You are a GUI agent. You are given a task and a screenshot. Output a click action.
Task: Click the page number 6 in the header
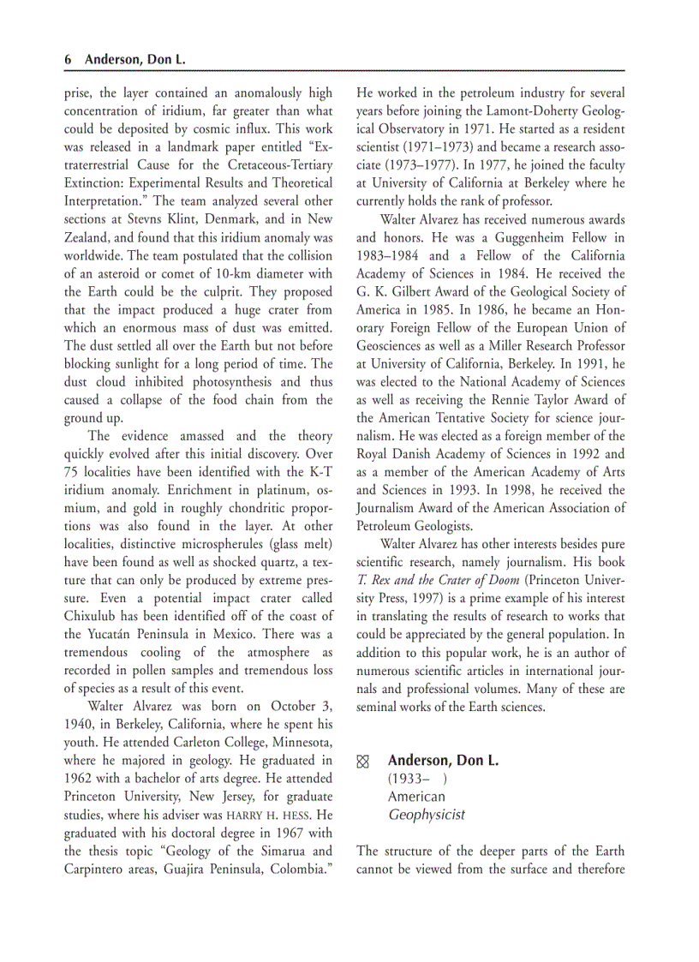pyautogui.click(x=68, y=60)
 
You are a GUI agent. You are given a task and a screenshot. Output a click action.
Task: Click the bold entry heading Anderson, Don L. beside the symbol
pyautogui.click(x=443, y=761)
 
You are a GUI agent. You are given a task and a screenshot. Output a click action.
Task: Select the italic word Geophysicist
pyautogui.click(x=427, y=815)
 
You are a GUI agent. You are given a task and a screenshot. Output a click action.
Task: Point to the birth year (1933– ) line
pyautogui.click(x=416, y=779)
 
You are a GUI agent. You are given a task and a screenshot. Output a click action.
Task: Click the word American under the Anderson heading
pyautogui.click(x=416, y=797)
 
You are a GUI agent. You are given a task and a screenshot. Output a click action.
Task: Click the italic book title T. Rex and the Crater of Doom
pyautogui.click(x=438, y=580)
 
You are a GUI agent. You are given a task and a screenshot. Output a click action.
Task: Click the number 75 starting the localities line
pyautogui.click(x=72, y=472)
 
